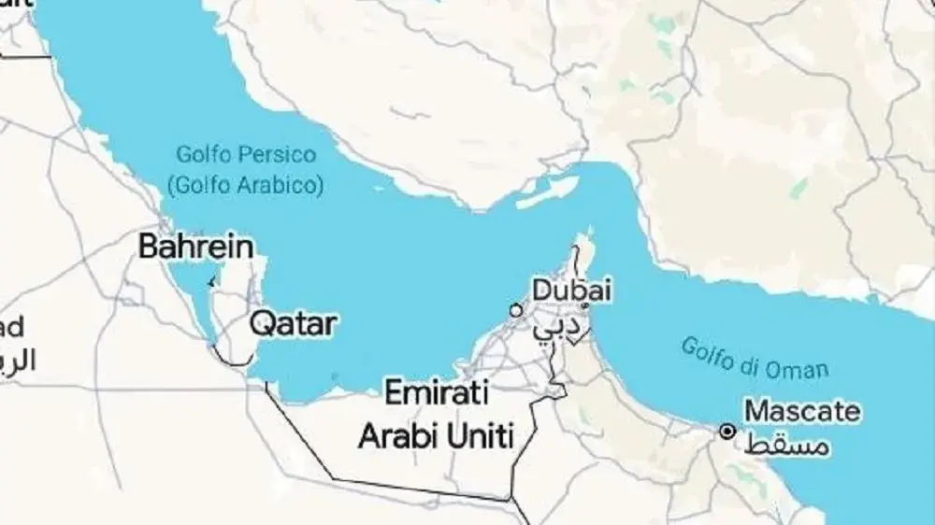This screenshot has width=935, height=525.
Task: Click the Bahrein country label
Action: pyautogui.click(x=195, y=247)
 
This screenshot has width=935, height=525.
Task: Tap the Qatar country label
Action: pyautogui.click(x=292, y=324)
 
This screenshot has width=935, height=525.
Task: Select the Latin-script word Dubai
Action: pyautogui.click(x=572, y=290)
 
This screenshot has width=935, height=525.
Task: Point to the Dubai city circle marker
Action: pyautogui.click(x=515, y=309)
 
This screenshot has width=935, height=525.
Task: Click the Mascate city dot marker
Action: pyautogui.click(x=726, y=431)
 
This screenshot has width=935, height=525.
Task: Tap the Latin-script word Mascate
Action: pyautogui.click(x=802, y=411)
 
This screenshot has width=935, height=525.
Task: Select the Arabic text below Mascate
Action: pyautogui.click(x=789, y=444)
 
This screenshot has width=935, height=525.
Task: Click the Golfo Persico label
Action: pyautogui.click(x=246, y=154)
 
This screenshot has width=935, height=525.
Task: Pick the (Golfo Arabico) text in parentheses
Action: pyautogui.click(x=245, y=185)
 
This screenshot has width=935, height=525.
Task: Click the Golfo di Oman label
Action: pyautogui.click(x=754, y=358)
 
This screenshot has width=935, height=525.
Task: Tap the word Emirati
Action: pyautogui.click(x=437, y=393)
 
